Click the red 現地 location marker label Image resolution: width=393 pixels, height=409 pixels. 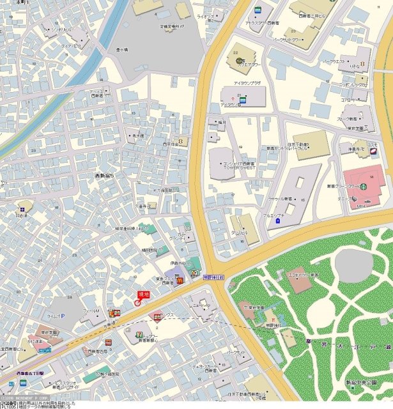[143, 293]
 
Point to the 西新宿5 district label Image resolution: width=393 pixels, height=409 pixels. [105, 175]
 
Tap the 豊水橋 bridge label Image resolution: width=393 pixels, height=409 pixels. [122, 49]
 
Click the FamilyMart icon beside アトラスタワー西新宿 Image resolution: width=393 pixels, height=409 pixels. [257, 10]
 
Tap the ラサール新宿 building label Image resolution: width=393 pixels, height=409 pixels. [281, 199]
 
